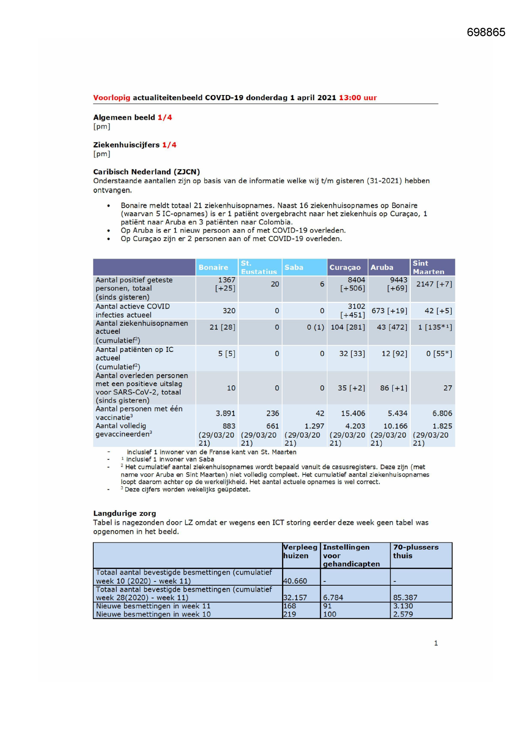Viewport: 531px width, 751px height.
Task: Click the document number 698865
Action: coord(486,33)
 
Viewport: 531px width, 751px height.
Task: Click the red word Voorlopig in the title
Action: coord(112,98)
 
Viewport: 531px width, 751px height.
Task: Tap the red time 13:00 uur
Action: coord(358,98)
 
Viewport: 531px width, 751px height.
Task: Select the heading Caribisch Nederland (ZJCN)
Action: coord(146,172)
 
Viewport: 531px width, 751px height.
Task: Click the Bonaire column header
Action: coord(213,267)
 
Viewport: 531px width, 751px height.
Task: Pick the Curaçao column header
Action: coord(345,267)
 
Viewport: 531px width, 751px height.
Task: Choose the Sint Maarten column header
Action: coord(428,267)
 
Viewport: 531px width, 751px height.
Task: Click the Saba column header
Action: coord(294,267)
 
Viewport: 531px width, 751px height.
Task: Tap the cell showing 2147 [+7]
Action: coord(434,284)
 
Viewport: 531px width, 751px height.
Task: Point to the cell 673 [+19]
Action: coord(389,311)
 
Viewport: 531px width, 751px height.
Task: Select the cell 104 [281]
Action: coord(348,327)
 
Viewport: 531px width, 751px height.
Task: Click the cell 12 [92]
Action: coord(394,354)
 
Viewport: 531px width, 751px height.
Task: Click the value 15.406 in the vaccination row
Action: coord(353,414)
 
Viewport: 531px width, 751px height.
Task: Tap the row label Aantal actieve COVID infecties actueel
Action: coord(133,310)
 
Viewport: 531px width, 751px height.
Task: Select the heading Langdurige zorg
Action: coord(125,513)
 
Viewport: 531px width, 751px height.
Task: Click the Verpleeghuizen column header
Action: coord(300,551)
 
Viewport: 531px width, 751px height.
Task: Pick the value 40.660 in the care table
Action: coord(295,581)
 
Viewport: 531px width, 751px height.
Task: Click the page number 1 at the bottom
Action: coord(436,643)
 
